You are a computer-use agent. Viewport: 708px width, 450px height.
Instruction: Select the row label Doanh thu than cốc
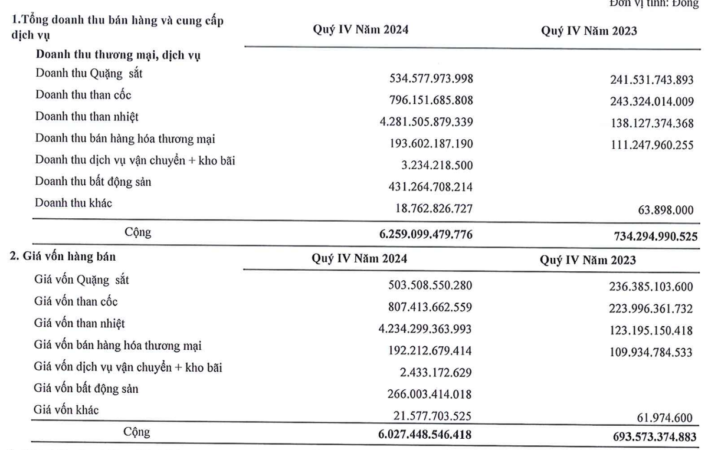point(83,94)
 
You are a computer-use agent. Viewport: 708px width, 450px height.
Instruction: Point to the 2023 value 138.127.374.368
point(647,122)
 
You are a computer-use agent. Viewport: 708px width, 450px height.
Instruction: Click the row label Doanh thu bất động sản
point(93,182)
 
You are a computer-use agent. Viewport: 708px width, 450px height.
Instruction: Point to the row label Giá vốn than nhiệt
point(80,323)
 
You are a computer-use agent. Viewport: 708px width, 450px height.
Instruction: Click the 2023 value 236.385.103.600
point(647,286)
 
